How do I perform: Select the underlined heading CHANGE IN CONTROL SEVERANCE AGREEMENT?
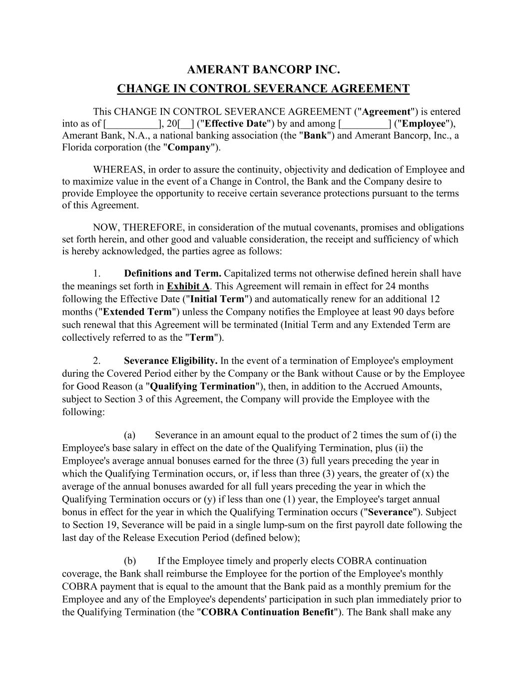click(263, 89)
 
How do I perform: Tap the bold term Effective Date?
click(235, 123)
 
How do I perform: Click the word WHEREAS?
click(116, 169)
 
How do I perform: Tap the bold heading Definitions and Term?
click(172, 273)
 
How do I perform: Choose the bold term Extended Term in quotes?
click(137, 312)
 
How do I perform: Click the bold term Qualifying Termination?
click(202, 386)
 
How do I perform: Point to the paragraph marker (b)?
click(129, 561)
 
